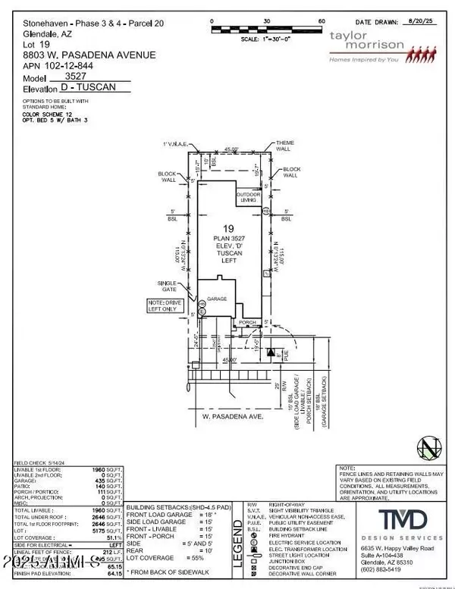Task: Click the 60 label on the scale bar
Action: tap(321, 21)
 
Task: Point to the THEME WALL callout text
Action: tap(285, 146)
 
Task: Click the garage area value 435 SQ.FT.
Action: tap(111, 481)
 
